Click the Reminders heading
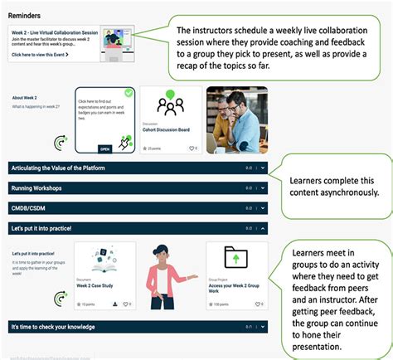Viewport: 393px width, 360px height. [29, 15]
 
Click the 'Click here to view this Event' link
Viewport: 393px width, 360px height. [41, 55]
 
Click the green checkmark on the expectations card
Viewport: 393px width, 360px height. [129, 93]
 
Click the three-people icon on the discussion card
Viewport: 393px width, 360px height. [170, 106]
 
